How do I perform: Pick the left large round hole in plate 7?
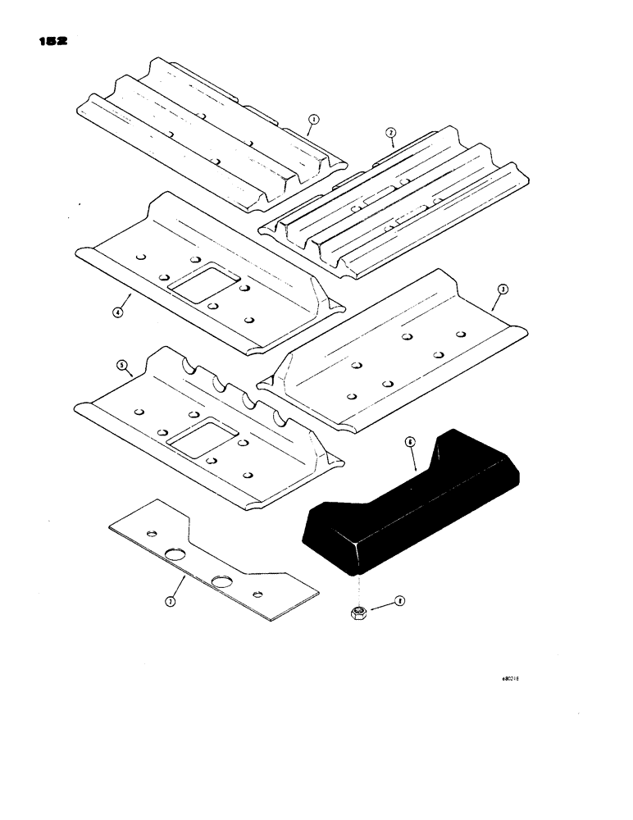pyautogui.click(x=175, y=555)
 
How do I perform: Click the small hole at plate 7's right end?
pyautogui.click(x=258, y=594)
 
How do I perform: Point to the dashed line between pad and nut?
pyautogui.click(x=358, y=586)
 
